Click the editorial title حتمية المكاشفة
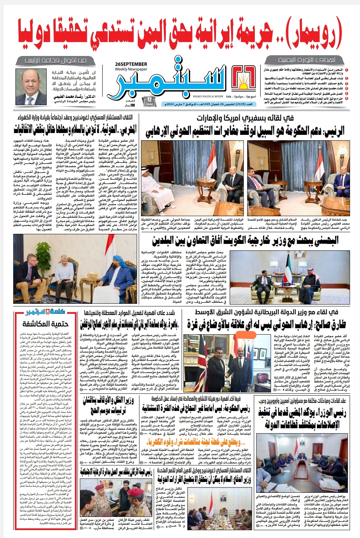pos(45,324)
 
